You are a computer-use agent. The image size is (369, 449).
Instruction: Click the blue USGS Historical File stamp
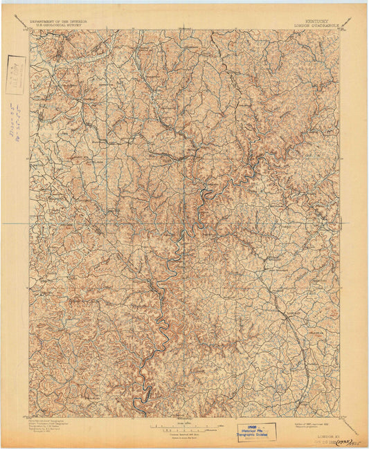pyautogui.click(x=256, y=432)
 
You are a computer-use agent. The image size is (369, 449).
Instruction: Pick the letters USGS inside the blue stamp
pyautogui.click(x=256, y=426)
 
